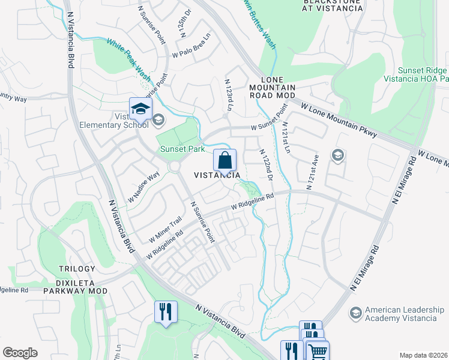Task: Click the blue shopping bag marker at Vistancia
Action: tap(224, 161)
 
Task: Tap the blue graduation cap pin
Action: tap(140, 109)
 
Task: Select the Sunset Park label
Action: tap(182, 149)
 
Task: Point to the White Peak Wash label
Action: tap(128, 59)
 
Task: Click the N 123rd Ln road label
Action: tap(228, 95)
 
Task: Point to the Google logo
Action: tap(20, 353)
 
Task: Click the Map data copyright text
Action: tap(423, 355)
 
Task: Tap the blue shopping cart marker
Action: tap(318, 350)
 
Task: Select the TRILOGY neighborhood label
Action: tap(77, 269)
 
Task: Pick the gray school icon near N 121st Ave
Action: tap(338, 156)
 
